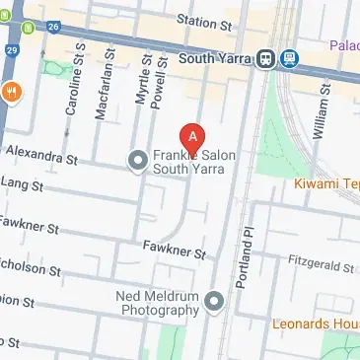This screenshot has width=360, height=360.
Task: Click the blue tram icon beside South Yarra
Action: coord(289,57)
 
